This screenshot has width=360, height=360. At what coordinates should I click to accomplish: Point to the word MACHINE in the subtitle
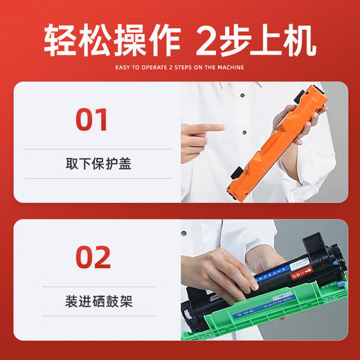[x=228, y=67]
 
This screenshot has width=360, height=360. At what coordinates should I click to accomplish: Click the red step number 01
[x=92, y=118]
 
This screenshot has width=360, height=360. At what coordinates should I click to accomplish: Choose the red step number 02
[x=92, y=257]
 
